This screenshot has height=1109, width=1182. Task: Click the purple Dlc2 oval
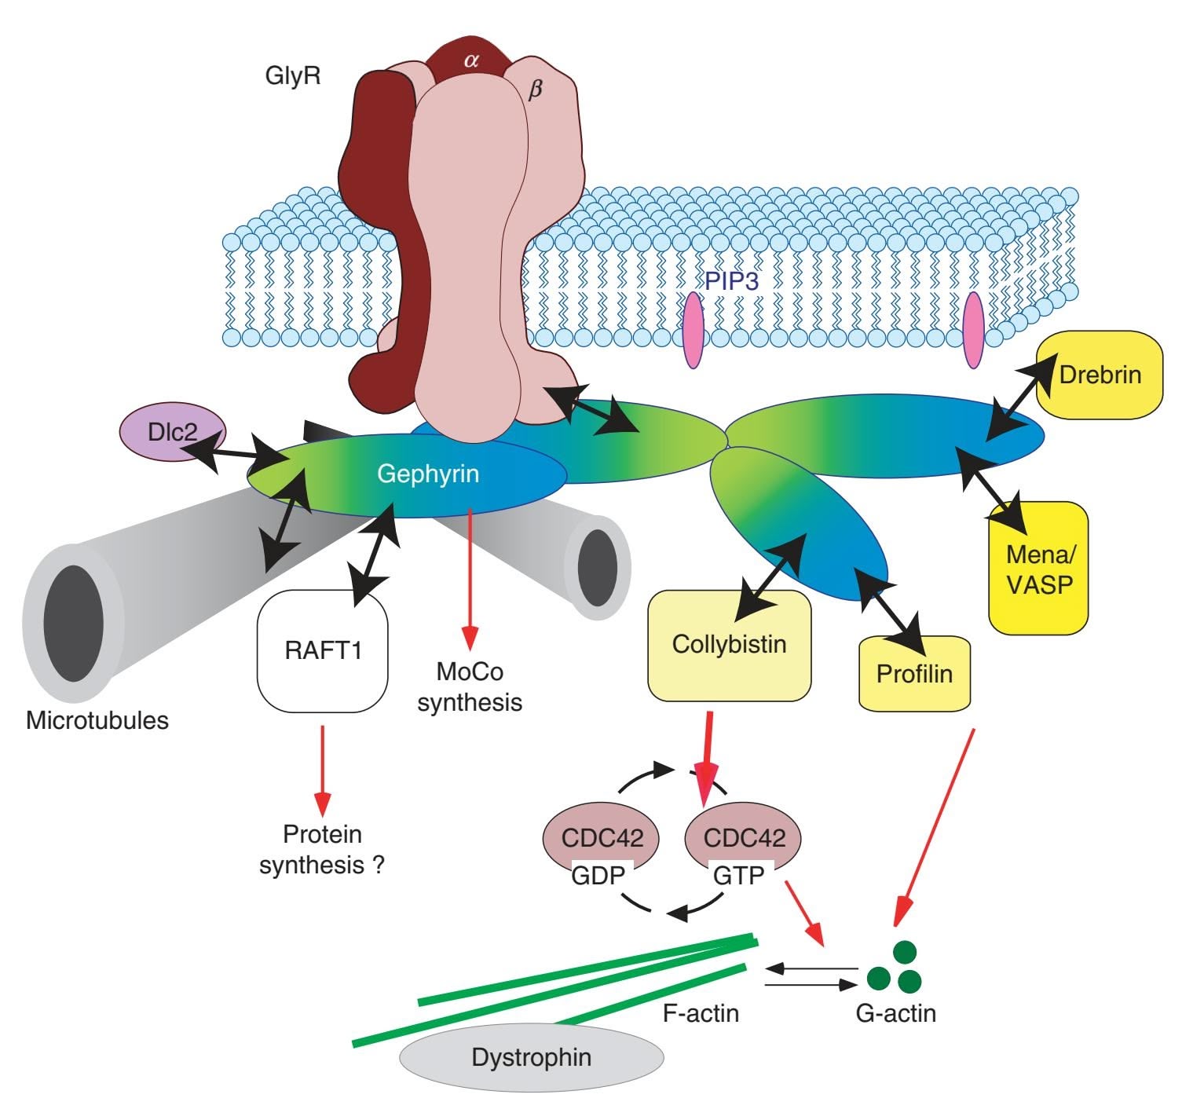pos(172,432)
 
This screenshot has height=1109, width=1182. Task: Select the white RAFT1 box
pos(323,651)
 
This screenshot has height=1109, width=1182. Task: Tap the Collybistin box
pos(729,645)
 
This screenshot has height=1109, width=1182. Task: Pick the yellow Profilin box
pos(914,673)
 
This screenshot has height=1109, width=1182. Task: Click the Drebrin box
pos(1099,374)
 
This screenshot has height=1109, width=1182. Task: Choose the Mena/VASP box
pos(1038,568)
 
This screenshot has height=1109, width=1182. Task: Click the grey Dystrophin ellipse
pos(532,1057)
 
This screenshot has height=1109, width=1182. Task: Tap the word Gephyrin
pos(428,474)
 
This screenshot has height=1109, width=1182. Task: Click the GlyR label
pos(293,76)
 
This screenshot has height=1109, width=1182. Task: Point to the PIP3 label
pos(731,281)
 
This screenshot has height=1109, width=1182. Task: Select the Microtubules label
pos(97,720)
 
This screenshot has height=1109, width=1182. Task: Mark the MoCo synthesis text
pos(470,686)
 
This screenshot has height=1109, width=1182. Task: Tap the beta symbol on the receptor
pos(535,90)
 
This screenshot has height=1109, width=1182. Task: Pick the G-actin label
pos(895,1013)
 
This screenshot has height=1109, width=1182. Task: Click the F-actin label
pos(701,1013)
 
